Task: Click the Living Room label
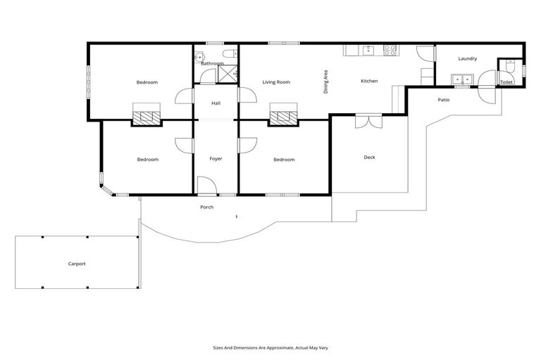click(x=276, y=82)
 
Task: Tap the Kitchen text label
click(x=369, y=81)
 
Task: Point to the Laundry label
click(x=467, y=58)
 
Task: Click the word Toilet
click(x=506, y=82)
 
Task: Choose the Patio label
click(x=443, y=100)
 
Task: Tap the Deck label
click(x=369, y=157)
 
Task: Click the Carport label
click(x=77, y=264)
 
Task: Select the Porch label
click(x=206, y=207)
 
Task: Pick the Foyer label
click(x=216, y=159)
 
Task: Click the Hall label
click(x=216, y=103)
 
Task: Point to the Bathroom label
click(x=212, y=64)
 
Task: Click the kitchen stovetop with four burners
click(x=390, y=50)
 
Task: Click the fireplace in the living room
click(x=284, y=115)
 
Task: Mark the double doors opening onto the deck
click(x=368, y=120)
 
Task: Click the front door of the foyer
click(x=206, y=187)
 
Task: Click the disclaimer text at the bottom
click(x=270, y=347)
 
